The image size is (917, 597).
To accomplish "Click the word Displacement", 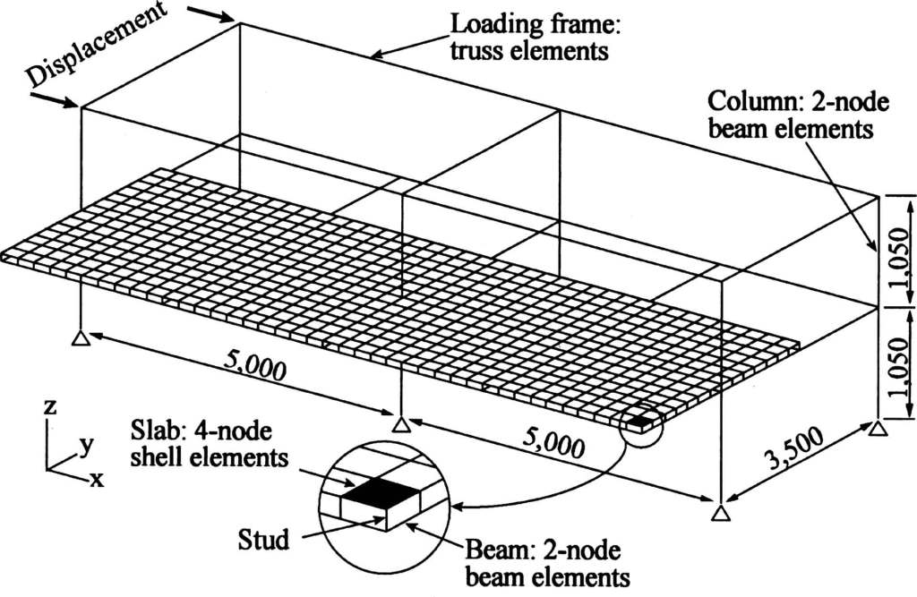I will pyautogui.click(x=96, y=46).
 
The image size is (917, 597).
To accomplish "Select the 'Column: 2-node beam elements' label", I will pyautogui.click(x=798, y=115).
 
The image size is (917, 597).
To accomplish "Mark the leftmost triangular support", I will pyautogui.click(x=81, y=337).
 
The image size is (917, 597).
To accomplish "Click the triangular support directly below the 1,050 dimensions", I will pyautogui.click(x=878, y=431).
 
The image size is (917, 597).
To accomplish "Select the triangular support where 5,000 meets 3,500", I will pyautogui.click(x=721, y=513).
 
